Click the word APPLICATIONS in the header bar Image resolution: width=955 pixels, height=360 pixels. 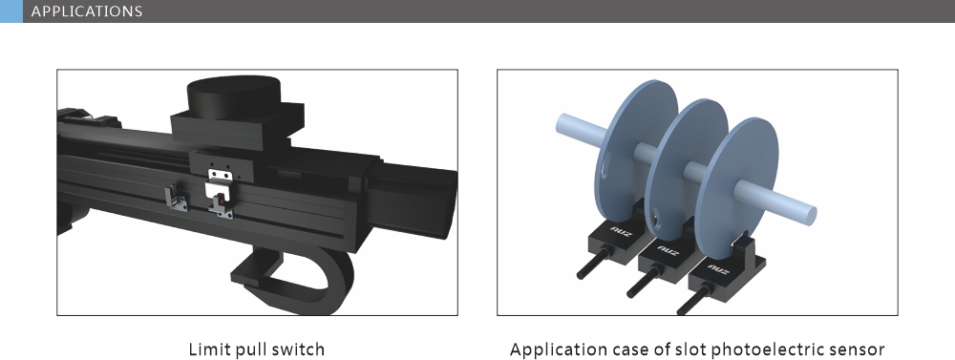pyautogui.click(x=87, y=12)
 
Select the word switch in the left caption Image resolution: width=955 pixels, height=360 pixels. pyautogui.click(x=299, y=349)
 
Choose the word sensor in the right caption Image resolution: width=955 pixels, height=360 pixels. pyautogui.click(x=859, y=349)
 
